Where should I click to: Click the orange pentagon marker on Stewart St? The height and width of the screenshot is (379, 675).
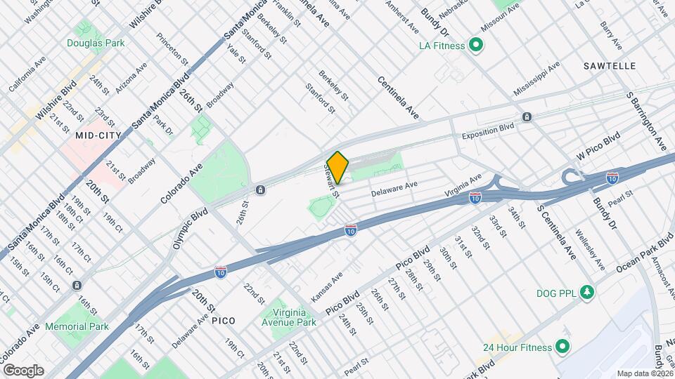[x=338, y=168]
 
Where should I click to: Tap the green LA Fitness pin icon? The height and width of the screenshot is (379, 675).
[x=476, y=46]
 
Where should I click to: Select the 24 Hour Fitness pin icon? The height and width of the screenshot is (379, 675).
[x=562, y=347]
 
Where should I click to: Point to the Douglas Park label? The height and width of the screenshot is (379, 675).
[x=96, y=43]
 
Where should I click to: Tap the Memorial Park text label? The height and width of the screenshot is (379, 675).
[x=77, y=326]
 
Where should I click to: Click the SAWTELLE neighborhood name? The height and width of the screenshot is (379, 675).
[x=610, y=65]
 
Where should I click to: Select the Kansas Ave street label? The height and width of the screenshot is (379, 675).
[x=326, y=287]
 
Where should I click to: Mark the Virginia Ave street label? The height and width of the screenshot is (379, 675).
[x=463, y=185]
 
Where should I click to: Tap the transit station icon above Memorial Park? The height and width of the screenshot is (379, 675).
[x=77, y=285]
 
